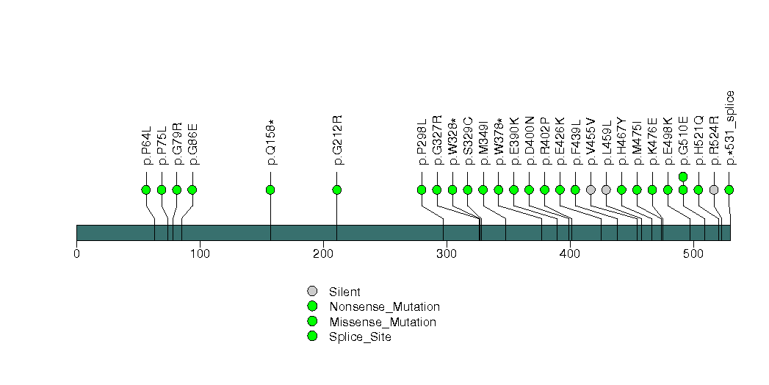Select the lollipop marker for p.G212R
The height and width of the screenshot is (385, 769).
pyautogui.click(x=337, y=190)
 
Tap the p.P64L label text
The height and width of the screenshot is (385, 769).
pyautogui.click(x=147, y=145)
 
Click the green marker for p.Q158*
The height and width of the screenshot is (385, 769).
pyautogui.click(x=270, y=190)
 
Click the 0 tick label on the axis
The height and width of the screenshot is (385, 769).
pyautogui.click(x=76, y=254)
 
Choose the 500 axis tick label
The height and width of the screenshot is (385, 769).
pyautogui.click(x=693, y=254)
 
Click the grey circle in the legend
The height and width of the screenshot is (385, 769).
pyautogui.click(x=312, y=292)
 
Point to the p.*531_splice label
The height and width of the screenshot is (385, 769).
pyautogui.click(x=730, y=128)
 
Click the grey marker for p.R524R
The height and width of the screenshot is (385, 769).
pyautogui.click(x=714, y=190)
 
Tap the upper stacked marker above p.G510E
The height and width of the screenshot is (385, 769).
pyautogui.click(x=683, y=176)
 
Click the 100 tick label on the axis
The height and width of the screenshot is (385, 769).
pyautogui.click(x=200, y=254)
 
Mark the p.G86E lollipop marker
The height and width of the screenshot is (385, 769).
pyautogui.click(x=192, y=190)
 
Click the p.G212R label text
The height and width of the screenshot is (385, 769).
pyautogui.click(x=338, y=140)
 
